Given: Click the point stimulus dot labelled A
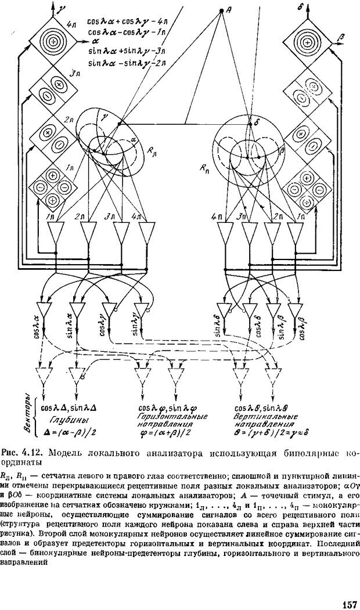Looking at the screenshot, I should pyautogui.click(x=221, y=11).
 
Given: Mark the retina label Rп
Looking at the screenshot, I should pyautogui.click(x=205, y=168).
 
